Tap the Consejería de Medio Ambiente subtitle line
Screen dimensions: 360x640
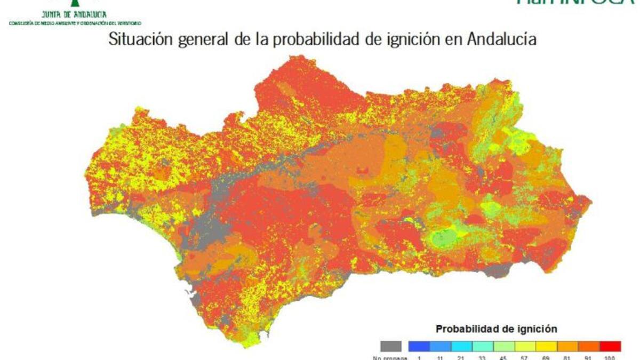[x=75, y=23]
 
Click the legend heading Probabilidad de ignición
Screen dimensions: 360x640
[x=496, y=329]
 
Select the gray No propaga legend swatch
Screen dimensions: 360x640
[x=391, y=346]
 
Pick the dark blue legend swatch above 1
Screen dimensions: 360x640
[x=419, y=346]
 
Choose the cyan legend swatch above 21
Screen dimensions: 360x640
[x=461, y=346]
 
